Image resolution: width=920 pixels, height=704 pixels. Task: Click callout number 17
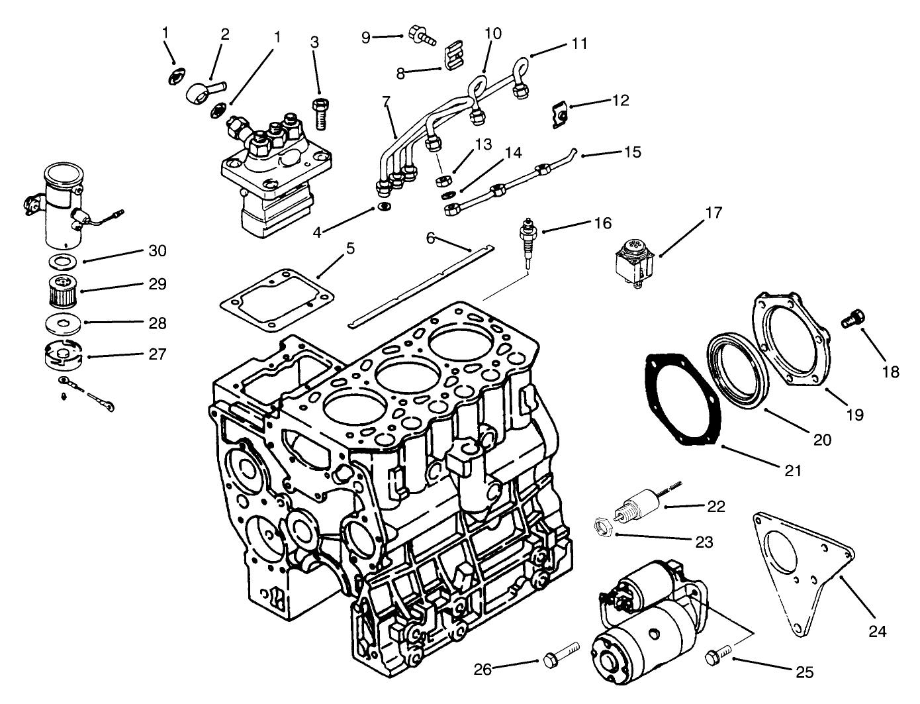pos(713,213)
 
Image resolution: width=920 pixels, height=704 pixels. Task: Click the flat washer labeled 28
pos(64,324)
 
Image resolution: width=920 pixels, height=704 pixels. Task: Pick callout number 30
pos(158,251)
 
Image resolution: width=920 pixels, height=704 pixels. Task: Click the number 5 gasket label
pos(350,249)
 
